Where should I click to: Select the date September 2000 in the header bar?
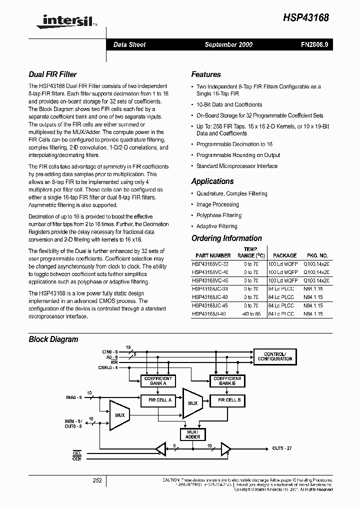click(x=228, y=44)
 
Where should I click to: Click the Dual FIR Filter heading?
click(x=52, y=74)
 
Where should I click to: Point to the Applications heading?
click(x=212, y=181)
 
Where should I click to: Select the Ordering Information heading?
click(x=226, y=238)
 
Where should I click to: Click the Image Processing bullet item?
click(x=217, y=204)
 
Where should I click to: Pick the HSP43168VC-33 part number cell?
click(x=209, y=264)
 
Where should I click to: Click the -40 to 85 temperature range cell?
click(x=250, y=314)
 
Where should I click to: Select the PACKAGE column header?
click(x=285, y=255)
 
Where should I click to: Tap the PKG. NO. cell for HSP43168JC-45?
click(x=313, y=305)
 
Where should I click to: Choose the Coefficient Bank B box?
click(x=227, y=381)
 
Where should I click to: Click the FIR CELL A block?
click(x=159, y=400)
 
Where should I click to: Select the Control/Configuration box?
click(x=274, y=356)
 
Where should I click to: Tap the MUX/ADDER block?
click(x=192, y=434)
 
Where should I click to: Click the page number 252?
click(x=97, y=480)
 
